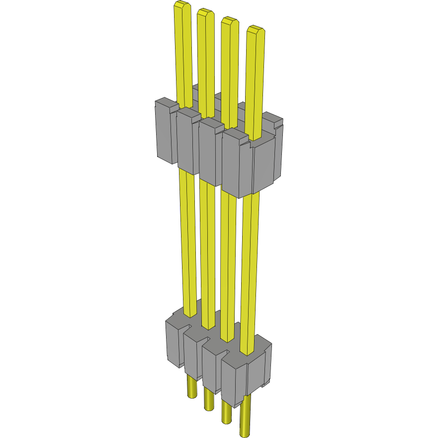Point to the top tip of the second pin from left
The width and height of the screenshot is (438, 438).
tap(205, 12)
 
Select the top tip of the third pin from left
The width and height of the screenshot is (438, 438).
tap(229, 21)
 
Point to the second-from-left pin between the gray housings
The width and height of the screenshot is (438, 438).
tap(207, 249)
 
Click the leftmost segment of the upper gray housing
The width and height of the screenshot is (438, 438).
tap(166, 132)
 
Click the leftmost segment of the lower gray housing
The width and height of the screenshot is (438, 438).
tap(174, 343)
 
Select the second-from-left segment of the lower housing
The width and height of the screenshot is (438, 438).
tap(192, 355)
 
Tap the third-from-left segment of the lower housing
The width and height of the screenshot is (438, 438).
tap(211, 365)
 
